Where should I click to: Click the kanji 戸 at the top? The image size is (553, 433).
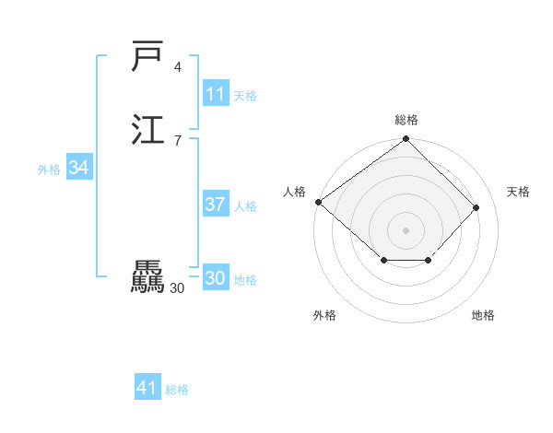(x=148, y=57)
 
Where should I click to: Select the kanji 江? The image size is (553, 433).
(x=148, y=129)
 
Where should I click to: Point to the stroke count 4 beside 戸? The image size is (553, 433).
(x=178, y=67)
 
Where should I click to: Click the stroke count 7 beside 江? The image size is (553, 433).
(x=178, y=140)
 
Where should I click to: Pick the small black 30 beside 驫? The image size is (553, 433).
(x=178, y=288)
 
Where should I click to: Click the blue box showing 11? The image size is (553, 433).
(x=215, y=94)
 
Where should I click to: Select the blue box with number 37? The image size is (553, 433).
(x=215, y=205)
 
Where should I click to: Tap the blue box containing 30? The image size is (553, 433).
(x=215, y=278)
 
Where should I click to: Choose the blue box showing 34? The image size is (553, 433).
(x=79, y=168)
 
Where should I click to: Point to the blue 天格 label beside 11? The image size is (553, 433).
(x=245, y=96)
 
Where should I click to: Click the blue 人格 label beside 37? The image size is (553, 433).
(x=245, y=206)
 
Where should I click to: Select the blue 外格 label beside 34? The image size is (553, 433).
(x=49, y=170)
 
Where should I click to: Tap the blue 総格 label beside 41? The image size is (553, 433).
(x=177, y=390)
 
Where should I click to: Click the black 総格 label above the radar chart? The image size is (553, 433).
(x=406, y=120)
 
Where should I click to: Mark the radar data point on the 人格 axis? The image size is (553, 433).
(x=318, y=202)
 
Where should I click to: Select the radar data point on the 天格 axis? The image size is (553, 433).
(x=477, y=207)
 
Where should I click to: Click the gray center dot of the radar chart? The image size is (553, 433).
(x=406, y=229)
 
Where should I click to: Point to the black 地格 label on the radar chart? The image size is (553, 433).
(x=483, y=315)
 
